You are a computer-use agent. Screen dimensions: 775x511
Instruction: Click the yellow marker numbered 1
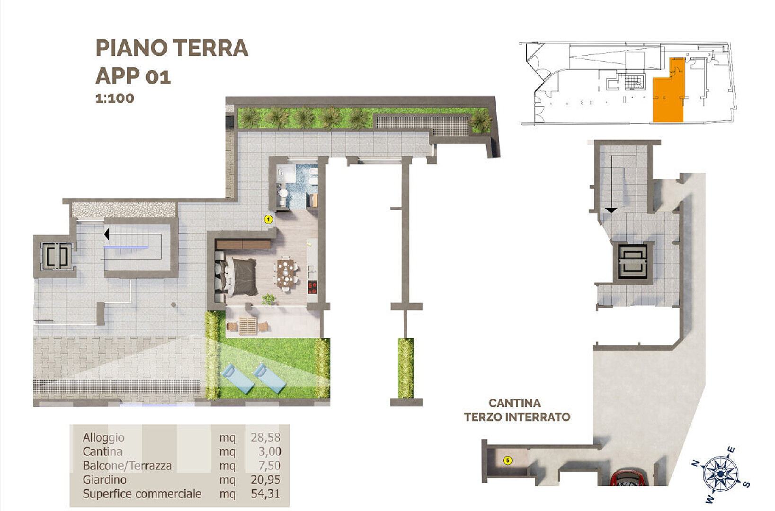pos(268,219)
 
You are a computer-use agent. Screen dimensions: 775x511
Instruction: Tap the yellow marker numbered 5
pos(508,460)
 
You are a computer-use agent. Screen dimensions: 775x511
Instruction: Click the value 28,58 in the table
pos(266,437)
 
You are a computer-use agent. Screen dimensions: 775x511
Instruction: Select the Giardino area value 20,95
pos(266,480)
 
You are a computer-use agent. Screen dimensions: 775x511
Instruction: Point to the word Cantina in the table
pos(102,451)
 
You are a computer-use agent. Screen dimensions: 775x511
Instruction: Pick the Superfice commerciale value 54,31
pos(266,493)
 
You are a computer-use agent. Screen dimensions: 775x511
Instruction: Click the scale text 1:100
pos(115,98)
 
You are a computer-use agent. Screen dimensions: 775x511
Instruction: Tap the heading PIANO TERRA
pos(171,48)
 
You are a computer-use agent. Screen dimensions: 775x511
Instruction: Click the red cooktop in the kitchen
pos(312,287)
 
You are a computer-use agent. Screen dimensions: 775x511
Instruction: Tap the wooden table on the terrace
pos(248,326)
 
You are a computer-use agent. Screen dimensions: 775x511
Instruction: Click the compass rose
pos(721,475)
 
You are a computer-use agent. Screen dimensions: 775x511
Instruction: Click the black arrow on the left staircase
pos(107,234)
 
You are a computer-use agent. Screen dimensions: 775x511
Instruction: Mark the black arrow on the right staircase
pos(611,210)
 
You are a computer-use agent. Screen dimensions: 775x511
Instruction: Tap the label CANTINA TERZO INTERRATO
pos(517,410)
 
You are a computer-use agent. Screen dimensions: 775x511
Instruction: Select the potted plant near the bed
pos(268,299)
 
